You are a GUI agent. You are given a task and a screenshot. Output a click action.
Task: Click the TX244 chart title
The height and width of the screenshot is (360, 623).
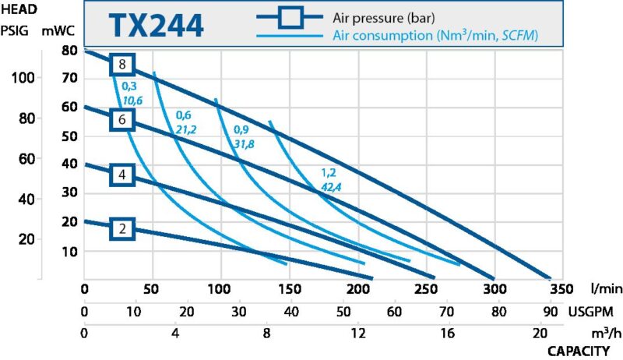(155, 25)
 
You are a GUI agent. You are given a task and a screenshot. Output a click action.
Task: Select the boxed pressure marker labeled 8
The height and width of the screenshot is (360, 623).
(122, 65)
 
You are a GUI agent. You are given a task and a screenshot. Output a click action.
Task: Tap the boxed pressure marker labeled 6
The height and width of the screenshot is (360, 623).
(122, 119)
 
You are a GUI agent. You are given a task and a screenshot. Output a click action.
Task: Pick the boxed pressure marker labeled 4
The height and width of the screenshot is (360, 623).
(122, 175)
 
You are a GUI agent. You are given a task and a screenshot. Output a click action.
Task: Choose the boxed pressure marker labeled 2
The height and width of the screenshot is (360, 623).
(122, 229)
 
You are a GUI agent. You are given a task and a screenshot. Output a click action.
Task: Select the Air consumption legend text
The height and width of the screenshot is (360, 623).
(436, 36)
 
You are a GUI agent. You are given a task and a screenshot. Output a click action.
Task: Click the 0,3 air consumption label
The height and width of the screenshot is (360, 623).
(129, 86)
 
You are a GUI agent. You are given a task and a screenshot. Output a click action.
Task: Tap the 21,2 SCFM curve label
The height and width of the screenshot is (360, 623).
(185, 129)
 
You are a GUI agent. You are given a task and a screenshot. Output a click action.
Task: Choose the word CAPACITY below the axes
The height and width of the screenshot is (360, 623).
(579, 351)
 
